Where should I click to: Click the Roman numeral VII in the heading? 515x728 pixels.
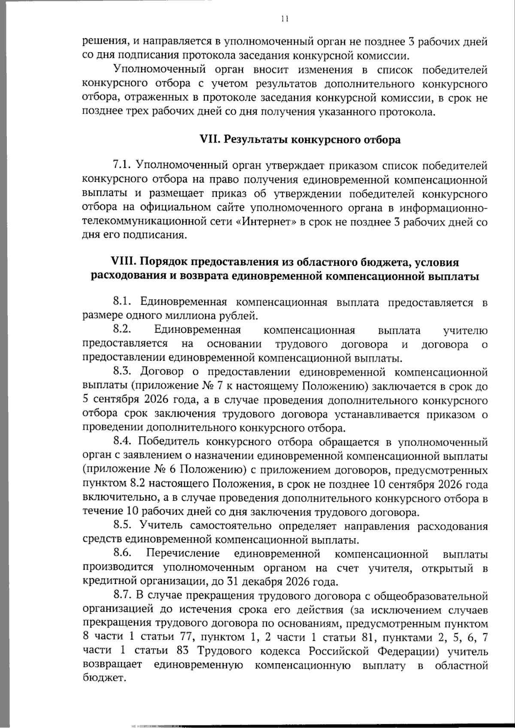210,140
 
